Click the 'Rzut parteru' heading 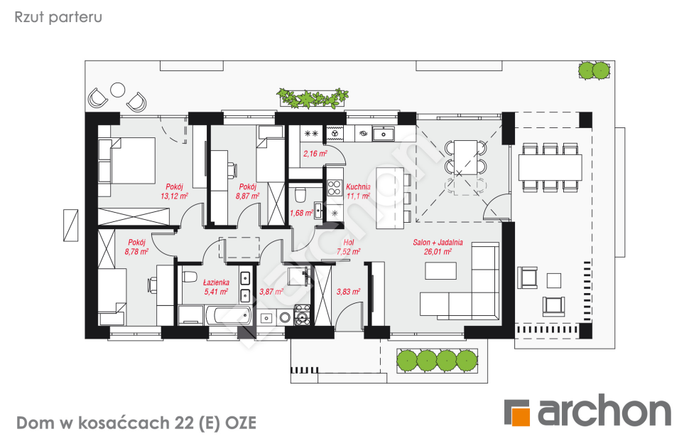pos(58,17)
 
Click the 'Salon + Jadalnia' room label pos(433,242)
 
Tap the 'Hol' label pos(348,242)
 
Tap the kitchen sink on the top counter pos(384,132)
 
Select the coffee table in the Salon pos(440,271)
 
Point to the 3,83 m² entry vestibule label pos(349,291)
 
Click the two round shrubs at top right pos(594,70)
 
